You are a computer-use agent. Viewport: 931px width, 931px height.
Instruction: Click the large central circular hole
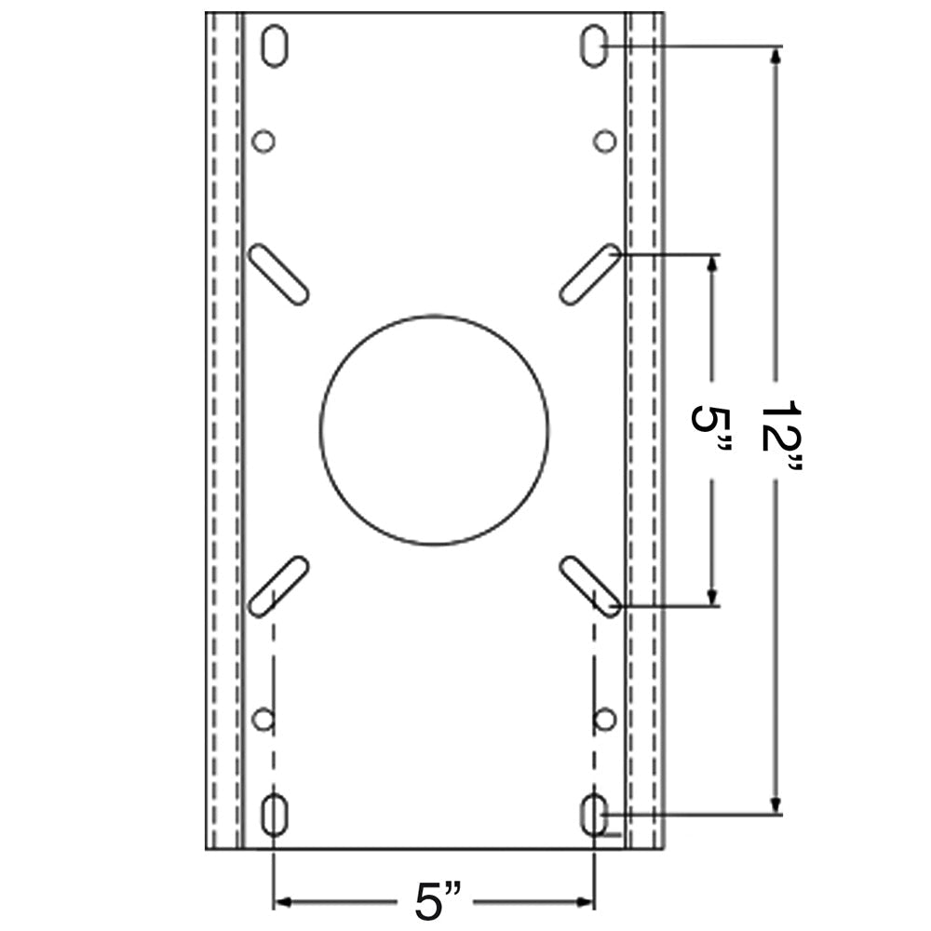click(x=434, y=429)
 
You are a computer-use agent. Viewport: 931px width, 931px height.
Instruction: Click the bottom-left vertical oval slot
click(x=274, y=816)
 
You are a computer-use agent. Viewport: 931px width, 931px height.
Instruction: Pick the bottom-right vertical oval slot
click(x=594, y=816)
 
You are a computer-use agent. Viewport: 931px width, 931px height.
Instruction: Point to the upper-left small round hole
click(x=263, y=142)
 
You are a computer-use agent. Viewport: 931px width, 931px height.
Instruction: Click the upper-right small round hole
click(x=605, y=142)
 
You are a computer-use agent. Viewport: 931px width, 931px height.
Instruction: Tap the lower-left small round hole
click(x=263, y=719)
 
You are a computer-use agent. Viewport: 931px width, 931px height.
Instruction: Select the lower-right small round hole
click(x=605, y=719)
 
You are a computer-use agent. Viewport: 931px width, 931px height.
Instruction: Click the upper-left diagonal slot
click(x=279, y=274)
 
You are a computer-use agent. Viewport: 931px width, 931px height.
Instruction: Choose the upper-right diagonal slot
click(x=590, y=274)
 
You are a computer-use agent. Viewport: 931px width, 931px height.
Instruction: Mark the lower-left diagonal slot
click(x=279, y=586)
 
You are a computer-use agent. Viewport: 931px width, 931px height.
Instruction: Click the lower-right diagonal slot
click(x=590, y=586)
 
